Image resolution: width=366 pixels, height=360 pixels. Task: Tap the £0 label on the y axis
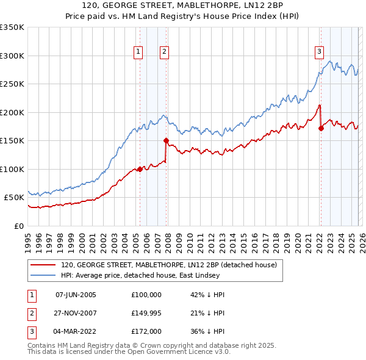(x=18, y=226)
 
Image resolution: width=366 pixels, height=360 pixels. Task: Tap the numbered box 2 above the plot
(x=165, y=52)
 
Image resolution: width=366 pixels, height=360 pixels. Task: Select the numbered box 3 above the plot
(x=319, y=52)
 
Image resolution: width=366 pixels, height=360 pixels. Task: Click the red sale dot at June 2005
(x=140, y=169)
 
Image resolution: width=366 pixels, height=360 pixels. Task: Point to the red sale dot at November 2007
(x=166, y=140)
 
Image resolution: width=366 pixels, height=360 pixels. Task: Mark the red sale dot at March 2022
(x=320, y=128)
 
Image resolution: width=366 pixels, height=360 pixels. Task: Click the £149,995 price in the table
(x=146, y=314)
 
